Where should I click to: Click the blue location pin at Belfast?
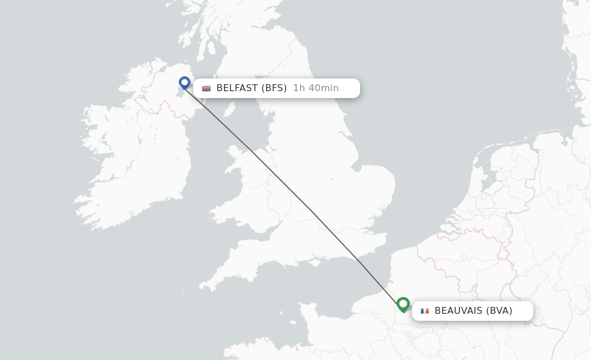coord(185,82)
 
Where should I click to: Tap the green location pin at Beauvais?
coord(403,303)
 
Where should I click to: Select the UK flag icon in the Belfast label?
coord(206,88)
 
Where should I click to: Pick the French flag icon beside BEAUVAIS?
coord(425,311)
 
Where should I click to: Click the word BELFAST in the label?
coord(237,88)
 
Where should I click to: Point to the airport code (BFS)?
coord(274,88)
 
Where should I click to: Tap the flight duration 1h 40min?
coord(316,88)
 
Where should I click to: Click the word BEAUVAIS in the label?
coord(458,311)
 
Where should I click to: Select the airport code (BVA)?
coord(499,311)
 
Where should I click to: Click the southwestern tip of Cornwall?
coord(202,286)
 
